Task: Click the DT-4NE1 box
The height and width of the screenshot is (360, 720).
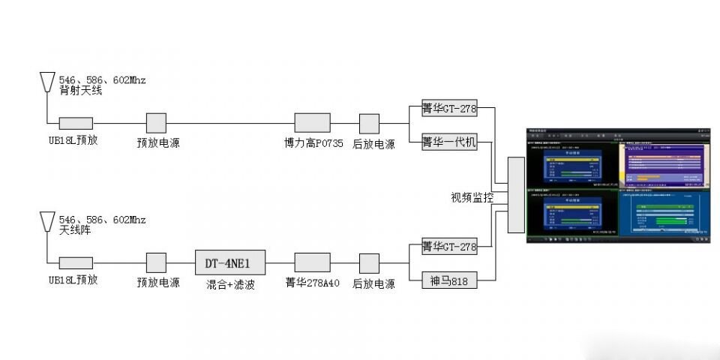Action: pos(230,262)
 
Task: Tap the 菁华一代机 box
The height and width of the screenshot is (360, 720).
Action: pos(448,140)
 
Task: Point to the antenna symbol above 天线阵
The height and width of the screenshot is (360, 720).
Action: pos(46,222)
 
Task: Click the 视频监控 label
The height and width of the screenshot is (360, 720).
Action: pos(472,198)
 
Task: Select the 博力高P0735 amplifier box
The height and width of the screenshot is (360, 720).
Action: pos(312,123)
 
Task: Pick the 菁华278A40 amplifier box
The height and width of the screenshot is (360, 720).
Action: pos(312,262)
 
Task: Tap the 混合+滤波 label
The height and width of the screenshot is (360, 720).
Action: pos(230,284)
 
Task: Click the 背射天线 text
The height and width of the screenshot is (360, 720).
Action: pos(80,91)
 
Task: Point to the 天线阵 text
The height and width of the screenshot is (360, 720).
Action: pos(75,230)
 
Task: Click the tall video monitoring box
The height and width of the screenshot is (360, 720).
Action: pos(515,194)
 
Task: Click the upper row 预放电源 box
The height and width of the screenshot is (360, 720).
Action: pos(156,123)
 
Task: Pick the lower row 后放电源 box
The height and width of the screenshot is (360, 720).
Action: pos(369,262)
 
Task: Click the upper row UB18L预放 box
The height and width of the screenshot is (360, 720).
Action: pos(76,123)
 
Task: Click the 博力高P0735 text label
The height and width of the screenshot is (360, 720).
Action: pos(313,143)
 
